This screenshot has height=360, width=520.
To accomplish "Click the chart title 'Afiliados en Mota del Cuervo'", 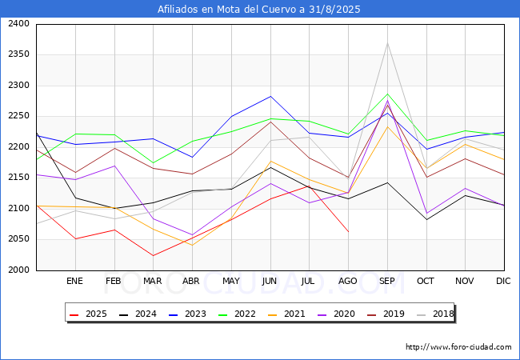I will point(259,10).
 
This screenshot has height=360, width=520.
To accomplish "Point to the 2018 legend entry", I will point(433,314).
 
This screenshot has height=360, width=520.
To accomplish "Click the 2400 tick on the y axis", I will point(18,24).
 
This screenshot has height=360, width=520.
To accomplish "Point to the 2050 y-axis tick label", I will point(18,239).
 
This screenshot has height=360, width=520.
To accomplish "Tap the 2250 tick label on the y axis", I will point(18,116).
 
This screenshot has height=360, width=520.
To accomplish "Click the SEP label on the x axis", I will point(387,281).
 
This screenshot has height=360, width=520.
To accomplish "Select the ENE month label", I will point(74,281).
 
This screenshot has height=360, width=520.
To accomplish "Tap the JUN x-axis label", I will point(270,281).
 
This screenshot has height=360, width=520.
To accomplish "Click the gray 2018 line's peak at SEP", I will point(387,43).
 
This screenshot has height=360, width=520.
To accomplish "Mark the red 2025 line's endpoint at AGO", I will point(348,231).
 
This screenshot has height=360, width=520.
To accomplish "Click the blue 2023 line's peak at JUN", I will point(270,96).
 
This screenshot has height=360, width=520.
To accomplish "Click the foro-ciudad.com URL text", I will point(458,347).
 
